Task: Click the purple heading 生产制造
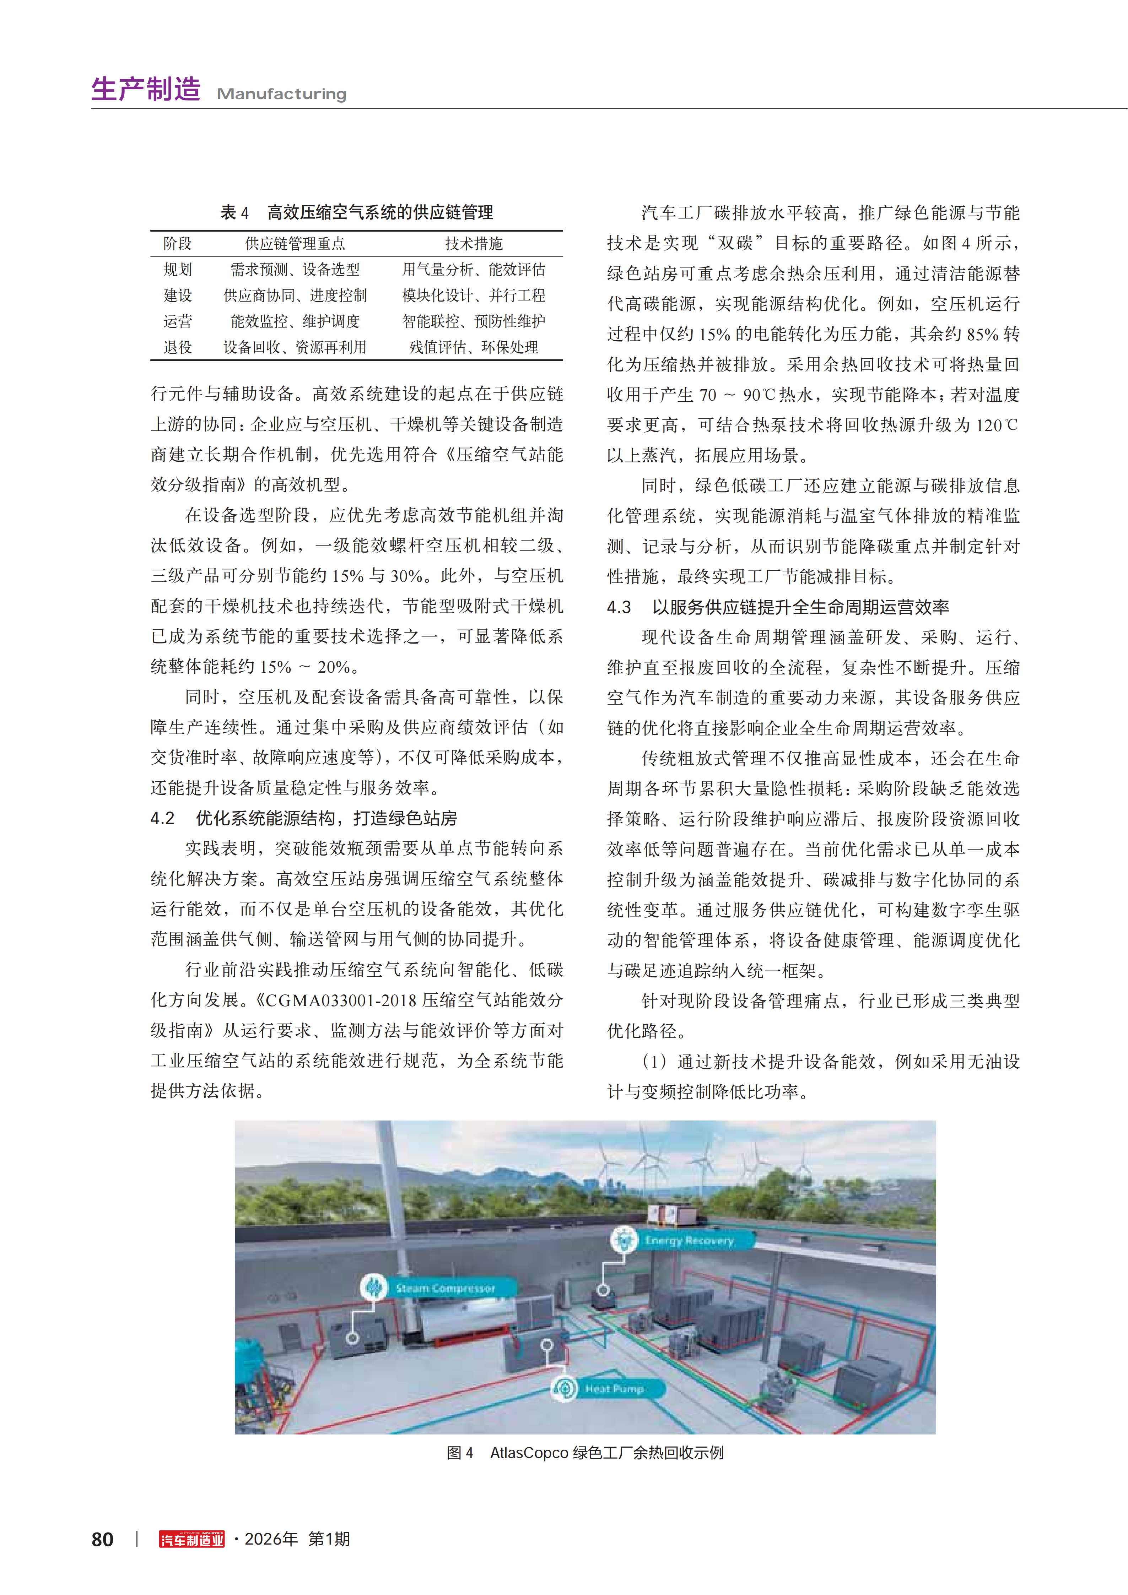(x=146, y=89)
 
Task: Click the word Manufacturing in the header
(x=281, y=94)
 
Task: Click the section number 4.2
(x=163, y=818)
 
